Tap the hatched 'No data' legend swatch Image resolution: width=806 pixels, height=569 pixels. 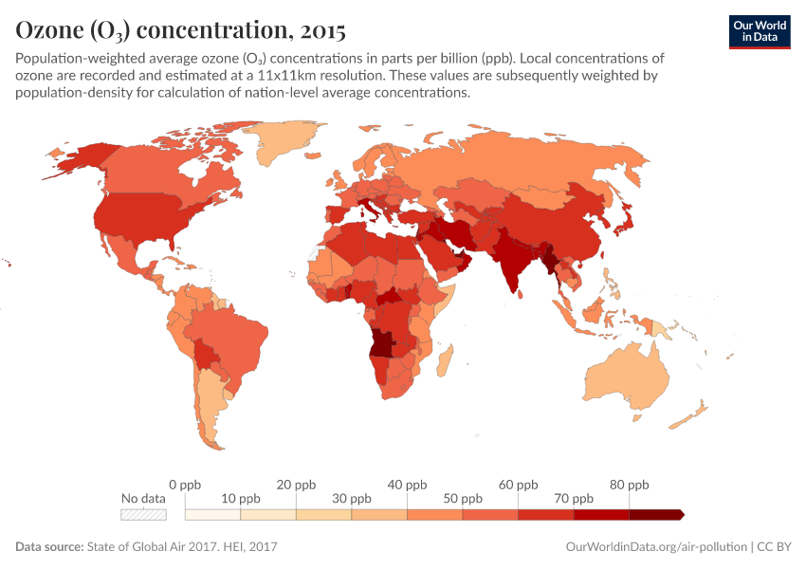[x=143, y=515]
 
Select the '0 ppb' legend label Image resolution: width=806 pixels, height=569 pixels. [x=185, y=485]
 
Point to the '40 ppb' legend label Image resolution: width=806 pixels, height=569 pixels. [x=407, y=485]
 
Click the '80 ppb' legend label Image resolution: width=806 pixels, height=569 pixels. [x=629, y=485]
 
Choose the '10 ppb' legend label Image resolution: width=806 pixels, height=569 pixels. [x=240, y=499]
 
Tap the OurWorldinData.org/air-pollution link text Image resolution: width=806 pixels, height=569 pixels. [x=655, y=547]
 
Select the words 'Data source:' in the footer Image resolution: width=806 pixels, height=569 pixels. [x=49, y=547]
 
